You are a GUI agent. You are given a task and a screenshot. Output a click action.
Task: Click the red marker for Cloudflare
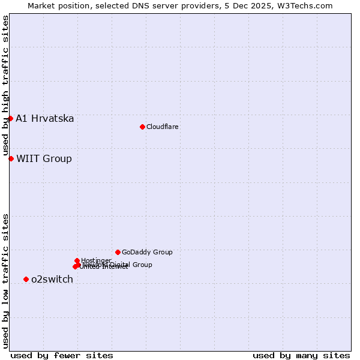pos(142,127)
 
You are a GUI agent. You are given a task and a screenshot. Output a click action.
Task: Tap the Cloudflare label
pos(162,127)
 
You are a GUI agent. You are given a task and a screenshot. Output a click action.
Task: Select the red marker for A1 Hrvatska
pos(10,118)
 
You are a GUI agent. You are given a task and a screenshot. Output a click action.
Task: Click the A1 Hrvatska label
pos(45,118)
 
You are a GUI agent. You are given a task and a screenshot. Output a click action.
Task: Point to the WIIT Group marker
pos(11,158)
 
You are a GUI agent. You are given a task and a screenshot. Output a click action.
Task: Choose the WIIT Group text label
pos(44,158)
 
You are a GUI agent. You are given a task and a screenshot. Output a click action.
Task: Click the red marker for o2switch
pos(26,279)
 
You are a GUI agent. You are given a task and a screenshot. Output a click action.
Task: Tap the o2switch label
pos(52,279)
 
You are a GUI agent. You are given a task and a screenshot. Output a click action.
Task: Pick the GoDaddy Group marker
pos(118,252)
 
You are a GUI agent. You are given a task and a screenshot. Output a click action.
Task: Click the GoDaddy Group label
pos(147,252)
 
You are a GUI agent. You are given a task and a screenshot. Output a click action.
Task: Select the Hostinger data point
pos(77,260)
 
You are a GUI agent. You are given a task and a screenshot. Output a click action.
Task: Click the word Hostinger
pos(96,260)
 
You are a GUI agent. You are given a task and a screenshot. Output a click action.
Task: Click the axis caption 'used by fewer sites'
pos(62,355)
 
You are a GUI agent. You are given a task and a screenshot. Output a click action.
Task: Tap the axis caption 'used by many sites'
pos(301,355)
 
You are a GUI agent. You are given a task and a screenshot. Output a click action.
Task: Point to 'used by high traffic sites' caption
pos(5,86)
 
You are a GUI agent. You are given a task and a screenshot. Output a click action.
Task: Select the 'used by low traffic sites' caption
pos(5,281)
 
